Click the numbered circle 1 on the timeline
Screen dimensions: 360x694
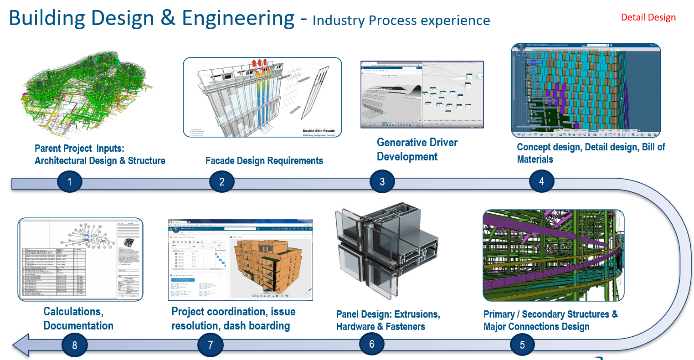tap(69, 182)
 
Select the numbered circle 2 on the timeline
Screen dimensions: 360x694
tap(221, 182)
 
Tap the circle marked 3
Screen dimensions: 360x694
tap(382, 182)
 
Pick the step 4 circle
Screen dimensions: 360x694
tap(541, 181)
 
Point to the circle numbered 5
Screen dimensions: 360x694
tap(522, 345)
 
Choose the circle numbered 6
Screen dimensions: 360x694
tap(371, 344)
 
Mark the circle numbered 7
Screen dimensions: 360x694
tap(210, 345)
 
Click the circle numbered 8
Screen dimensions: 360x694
tap(74, 345)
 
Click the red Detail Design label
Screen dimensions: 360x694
tap(648, 17)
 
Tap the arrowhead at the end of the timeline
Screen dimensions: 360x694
tap(21, 345)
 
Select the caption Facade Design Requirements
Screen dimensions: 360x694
tap(264, 161)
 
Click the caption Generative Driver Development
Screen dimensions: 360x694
tap(417, 149)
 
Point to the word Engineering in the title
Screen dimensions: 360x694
tap(238, 18)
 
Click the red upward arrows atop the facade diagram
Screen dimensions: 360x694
tap(259, 63)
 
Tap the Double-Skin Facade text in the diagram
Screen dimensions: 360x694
tap(319, 131)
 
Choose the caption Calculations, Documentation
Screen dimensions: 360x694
tap(78, 319)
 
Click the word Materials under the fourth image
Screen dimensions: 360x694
tap(535, 159)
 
